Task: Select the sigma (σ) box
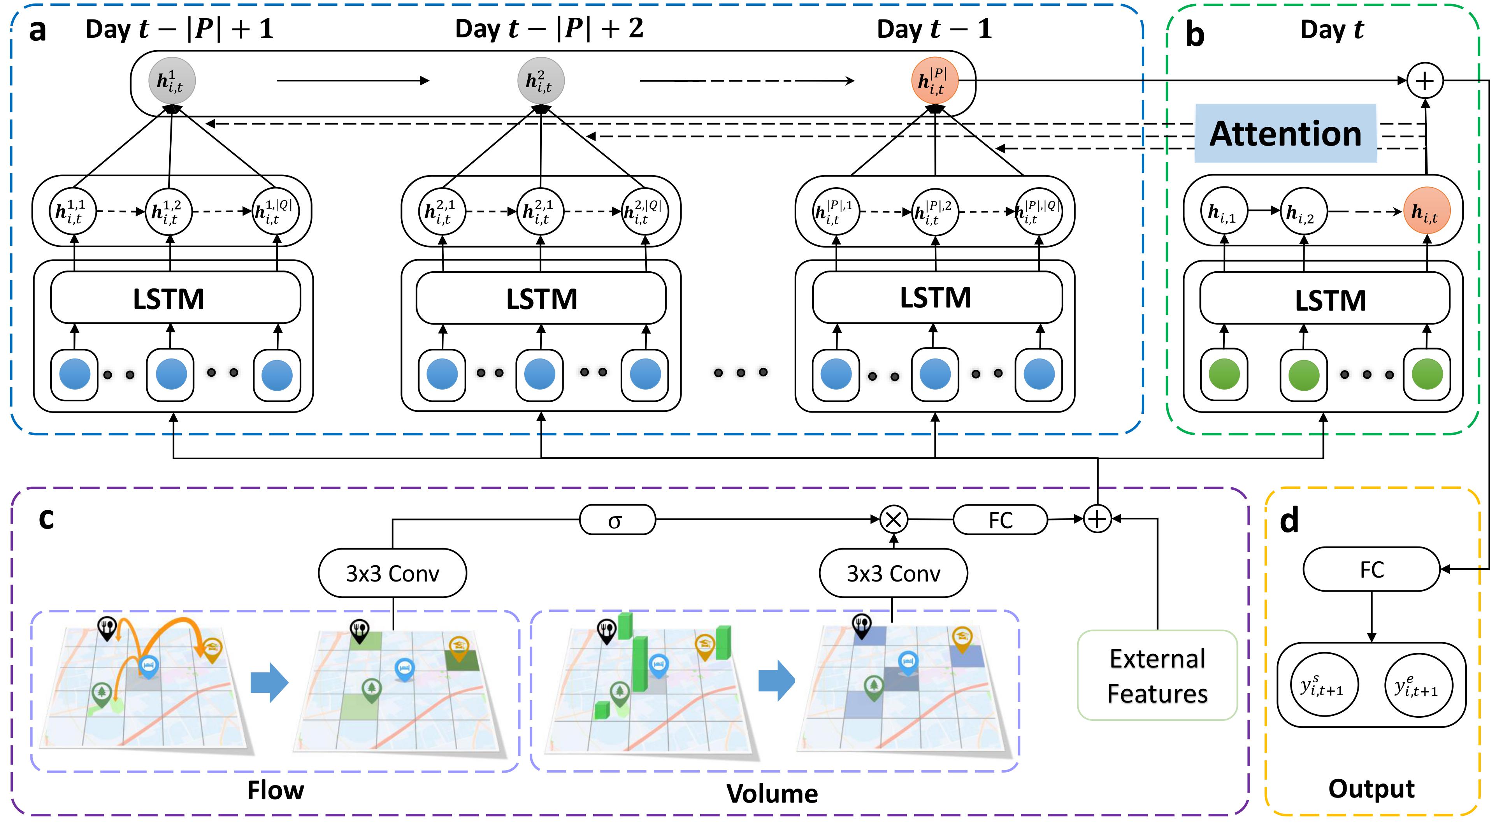coord(617,520)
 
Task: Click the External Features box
coord(1157,675)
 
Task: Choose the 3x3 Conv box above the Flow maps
coord(393,573)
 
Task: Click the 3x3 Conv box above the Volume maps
coord(893,573)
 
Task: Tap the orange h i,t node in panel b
coord(1426,211)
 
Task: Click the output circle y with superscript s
coord(1324,686)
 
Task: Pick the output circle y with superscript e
coord(1418,686)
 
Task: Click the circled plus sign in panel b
coord(1424,81)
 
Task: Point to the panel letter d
coord(1289,521)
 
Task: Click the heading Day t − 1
coord(934,29)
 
